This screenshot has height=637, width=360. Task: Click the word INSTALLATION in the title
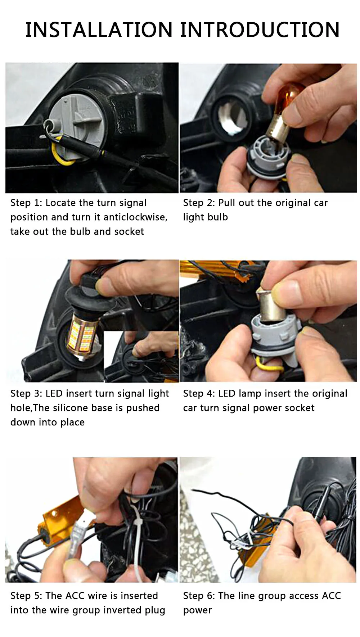tap(99, 30)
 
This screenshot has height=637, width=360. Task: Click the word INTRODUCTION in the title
tap(260, 30)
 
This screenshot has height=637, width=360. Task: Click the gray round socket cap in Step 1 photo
tap(77, 118)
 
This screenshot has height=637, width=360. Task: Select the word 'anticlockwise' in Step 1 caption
tap(135, 217)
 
